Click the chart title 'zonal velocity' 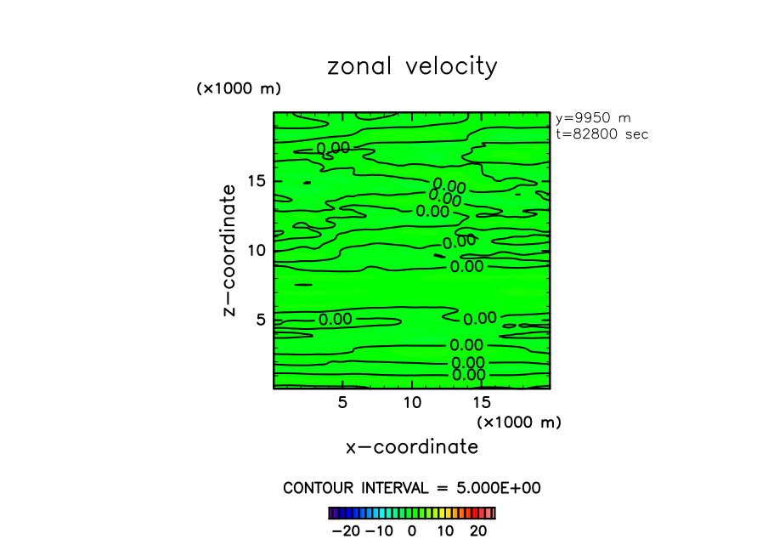tap(412, 67)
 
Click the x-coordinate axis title tap(412, 447)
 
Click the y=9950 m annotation tap(592, 118)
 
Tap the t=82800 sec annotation tap(601, 134)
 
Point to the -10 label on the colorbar tap(379, 531)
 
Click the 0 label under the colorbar tap(412, 531)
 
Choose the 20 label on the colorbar tap(477, 531)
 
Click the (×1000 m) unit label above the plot tap(239, 88)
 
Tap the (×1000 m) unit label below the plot tap(519, 422)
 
